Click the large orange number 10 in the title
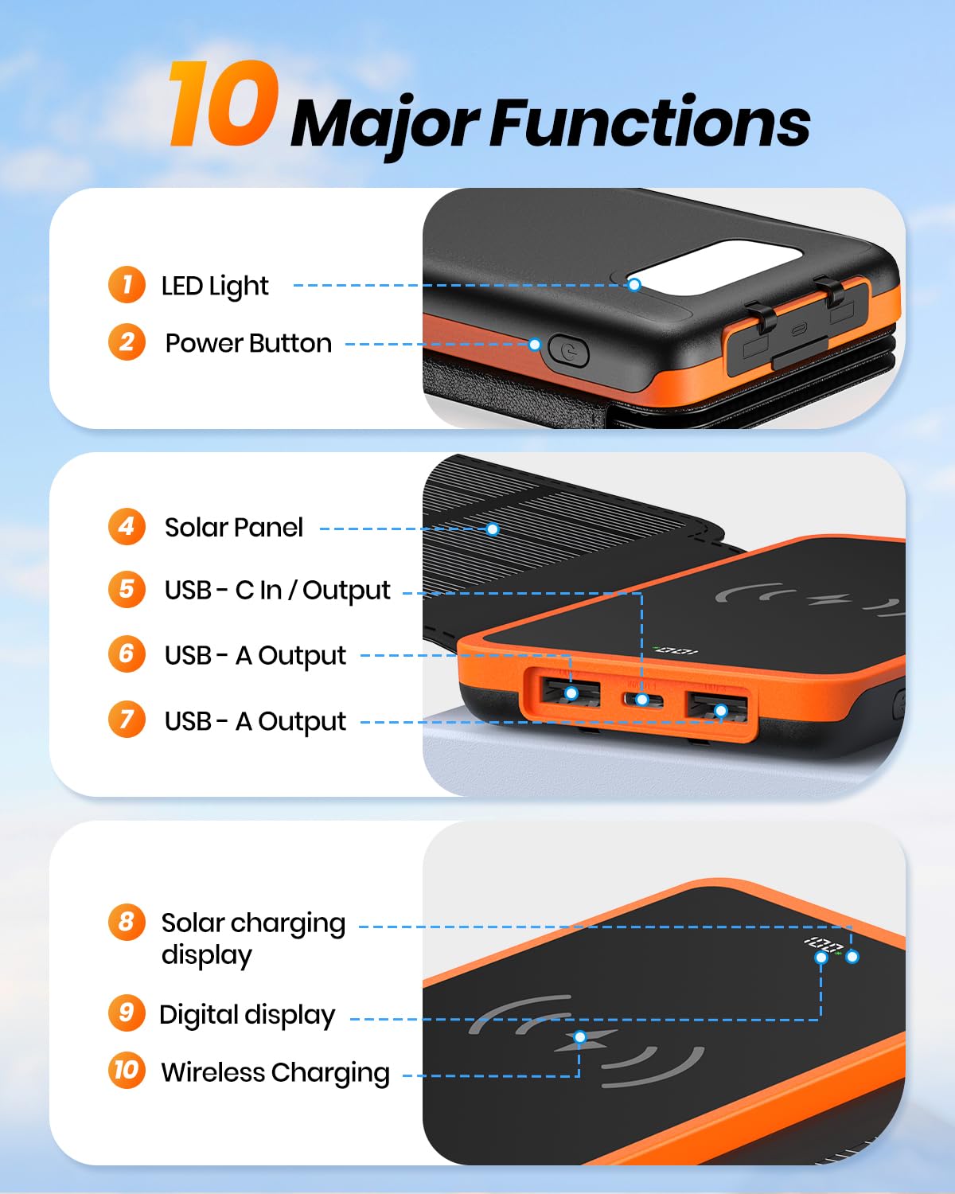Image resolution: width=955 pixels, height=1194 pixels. [x=224, y=105]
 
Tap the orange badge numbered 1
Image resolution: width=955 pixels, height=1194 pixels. [x=127, y=284]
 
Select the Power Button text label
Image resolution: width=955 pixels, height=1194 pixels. [x=248, y=343]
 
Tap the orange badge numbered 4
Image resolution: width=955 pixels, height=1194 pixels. [x=127, y=526]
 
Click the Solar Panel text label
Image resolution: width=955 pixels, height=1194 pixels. [x=234, y=527]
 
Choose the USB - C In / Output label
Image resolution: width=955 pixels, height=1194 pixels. [x=277, y=590]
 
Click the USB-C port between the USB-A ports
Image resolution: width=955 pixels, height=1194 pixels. [x=642, y=700]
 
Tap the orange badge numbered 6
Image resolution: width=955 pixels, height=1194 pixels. [x=127, y=654]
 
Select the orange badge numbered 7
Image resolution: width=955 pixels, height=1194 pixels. [x=127, y=719]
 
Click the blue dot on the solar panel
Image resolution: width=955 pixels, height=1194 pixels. [x=493, y=529]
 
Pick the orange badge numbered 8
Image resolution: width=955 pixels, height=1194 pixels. [x=127, y=922]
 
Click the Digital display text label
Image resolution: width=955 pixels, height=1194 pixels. [x=248, y=1015]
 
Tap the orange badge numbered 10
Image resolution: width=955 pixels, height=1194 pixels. [x=127, y=1070]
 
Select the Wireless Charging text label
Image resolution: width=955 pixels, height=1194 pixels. [x=275, y=1072]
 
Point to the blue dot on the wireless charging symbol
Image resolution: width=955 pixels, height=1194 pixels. [x=580, y=1037]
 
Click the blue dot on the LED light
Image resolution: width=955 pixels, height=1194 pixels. [x=634, y=284]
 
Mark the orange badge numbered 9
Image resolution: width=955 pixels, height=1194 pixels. [x=127, y=1013]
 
